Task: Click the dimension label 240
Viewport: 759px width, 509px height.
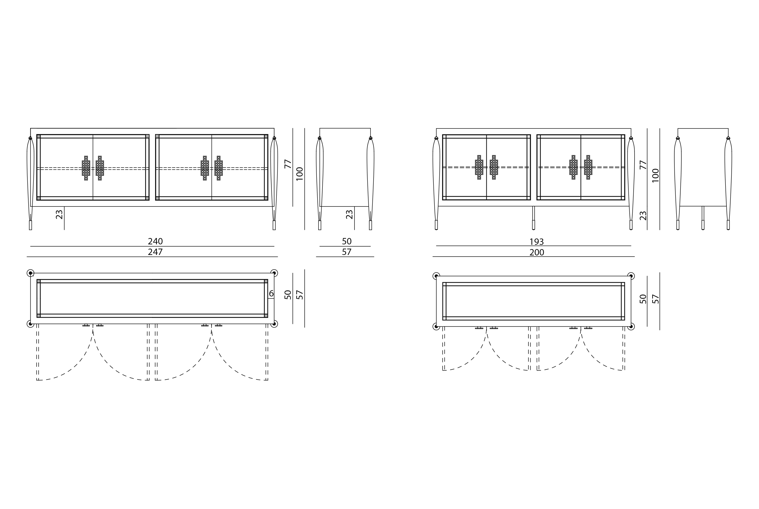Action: [155, 242]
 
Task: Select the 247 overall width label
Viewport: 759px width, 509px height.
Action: [155, 252]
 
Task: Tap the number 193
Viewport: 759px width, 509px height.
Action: [537, 242]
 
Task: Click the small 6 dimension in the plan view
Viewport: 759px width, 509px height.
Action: [271, 293]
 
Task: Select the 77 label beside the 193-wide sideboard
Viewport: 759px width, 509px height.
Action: [643, 164]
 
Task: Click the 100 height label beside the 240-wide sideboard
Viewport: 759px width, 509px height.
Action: [300, 174]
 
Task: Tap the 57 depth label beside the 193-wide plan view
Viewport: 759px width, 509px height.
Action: [656, 299]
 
